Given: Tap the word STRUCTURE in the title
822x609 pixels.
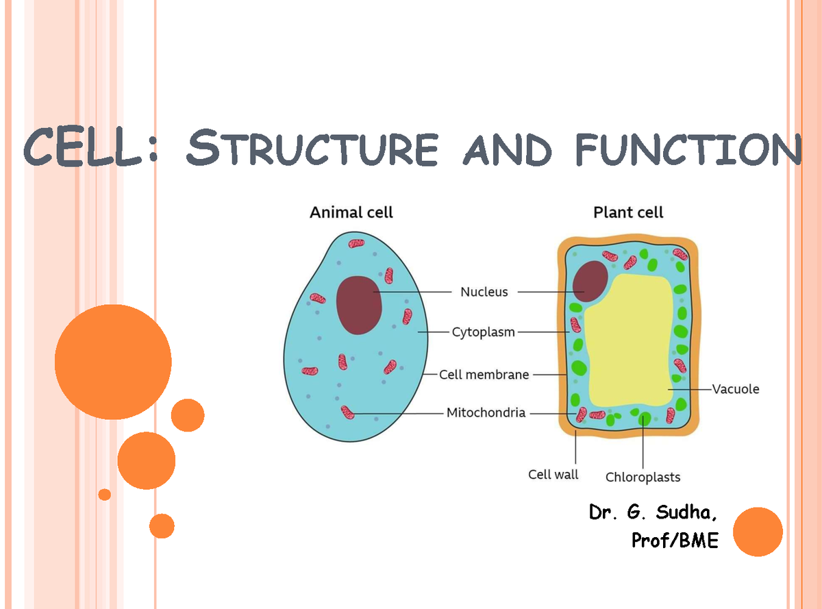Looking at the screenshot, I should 312,149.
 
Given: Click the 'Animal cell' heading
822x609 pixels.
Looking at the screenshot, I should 351,212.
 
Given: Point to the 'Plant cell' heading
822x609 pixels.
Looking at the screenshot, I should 628,212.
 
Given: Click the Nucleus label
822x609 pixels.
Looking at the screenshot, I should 484,292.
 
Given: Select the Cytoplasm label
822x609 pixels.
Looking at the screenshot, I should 483,332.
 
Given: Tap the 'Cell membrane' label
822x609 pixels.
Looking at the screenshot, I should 484,375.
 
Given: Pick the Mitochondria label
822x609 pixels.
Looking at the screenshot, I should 486,412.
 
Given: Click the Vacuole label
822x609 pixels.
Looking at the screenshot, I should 736,389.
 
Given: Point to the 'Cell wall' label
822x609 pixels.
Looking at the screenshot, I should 553,474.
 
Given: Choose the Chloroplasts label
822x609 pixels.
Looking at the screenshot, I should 643,477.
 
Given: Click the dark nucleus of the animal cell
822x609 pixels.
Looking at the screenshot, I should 360,304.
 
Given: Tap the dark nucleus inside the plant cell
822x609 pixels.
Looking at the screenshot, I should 590,281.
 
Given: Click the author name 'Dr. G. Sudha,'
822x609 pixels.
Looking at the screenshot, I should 654,512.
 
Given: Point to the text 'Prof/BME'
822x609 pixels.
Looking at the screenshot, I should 675,540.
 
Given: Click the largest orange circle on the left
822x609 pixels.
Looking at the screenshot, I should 113,362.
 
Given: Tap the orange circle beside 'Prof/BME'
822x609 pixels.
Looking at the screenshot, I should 758,532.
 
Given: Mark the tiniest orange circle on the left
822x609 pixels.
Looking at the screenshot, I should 104,494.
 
